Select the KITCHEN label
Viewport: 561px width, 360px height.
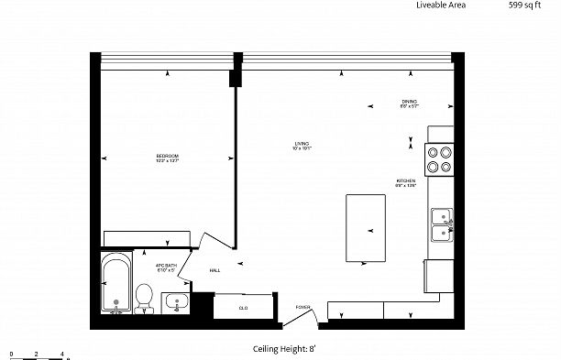(406, 183)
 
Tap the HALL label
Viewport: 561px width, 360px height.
(214, 270)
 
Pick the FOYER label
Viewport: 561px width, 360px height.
(302, 307)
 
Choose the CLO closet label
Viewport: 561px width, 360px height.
(244, 308)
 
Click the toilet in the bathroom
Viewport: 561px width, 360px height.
(144, 298)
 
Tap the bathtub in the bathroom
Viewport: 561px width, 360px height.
(115, 282)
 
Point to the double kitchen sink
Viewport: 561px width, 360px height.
(442, 224)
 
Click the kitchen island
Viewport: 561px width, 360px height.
(366, 227)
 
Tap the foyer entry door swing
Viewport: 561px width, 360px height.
(299, 320)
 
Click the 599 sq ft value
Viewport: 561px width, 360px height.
(523, 5)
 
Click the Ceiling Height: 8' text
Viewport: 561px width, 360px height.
(283, 349)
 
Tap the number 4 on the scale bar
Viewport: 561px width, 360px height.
(61, 353)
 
